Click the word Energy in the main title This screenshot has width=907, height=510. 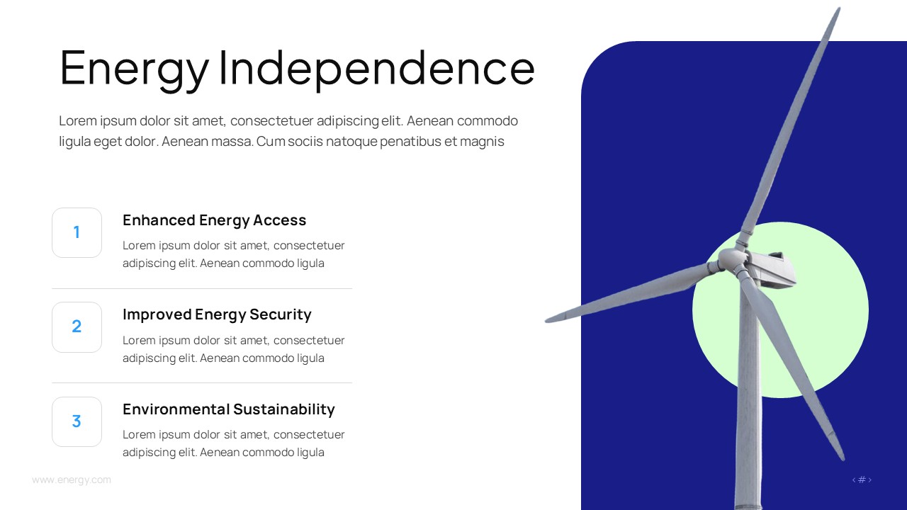pyautogui.click(x=135, y=69)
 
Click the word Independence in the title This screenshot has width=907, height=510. pyautogui.click(x=376, y=68)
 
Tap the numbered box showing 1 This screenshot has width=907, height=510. pyautogui.click(x=77, y=232)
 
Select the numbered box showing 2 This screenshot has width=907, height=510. pyautogui.click(x=77, y=327)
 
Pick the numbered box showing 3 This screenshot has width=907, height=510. pyautogui.click(x=77, y=421)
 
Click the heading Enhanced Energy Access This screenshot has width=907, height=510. pyautogui.click(x=214, y=220)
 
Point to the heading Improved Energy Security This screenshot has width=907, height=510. pyautogui.click(x=217, y=314)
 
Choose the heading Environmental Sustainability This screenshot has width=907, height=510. pyautogui.click(x=228, y=409)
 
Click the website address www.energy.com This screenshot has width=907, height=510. pyautogui.click(x=72, y=480)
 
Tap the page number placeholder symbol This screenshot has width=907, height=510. pyautogui.click(x=862, y=480)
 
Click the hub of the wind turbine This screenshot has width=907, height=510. pyautogui.click(x=733, y=261)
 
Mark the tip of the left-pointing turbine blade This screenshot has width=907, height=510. pyautogui.click(x=548, y=320)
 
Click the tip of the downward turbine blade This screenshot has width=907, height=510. pyautogui.click(x=842, y=458)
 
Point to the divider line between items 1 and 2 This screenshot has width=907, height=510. pyautogui.click(x=202, y=289)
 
